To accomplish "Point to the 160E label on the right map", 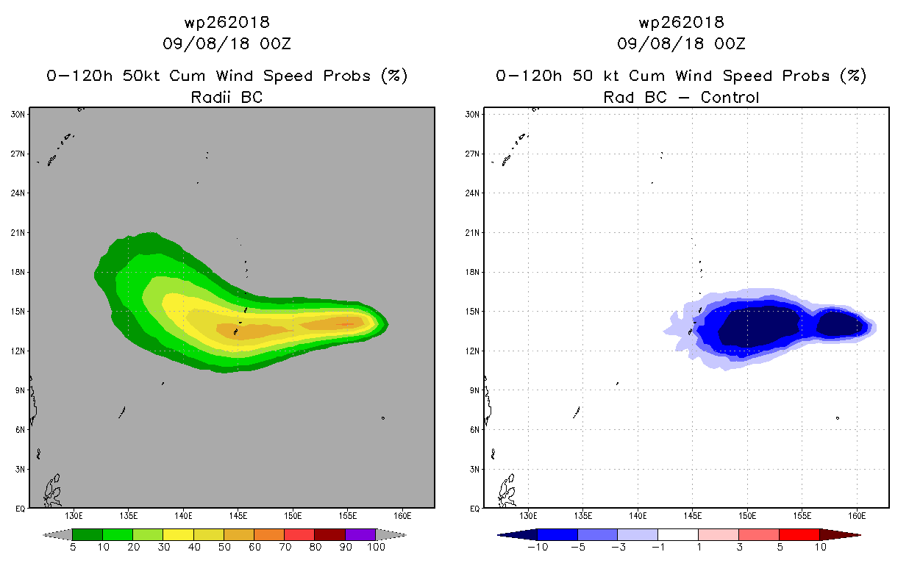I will (x=858, y=516).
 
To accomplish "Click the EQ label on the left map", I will (x=21, y=508).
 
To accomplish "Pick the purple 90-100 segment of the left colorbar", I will (x=360, y=534).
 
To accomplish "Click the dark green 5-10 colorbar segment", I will (x=88, y=534).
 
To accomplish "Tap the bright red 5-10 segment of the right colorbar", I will (x=799, y=534).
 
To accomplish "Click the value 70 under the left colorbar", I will (x=284, y=547).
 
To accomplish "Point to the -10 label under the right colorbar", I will (x=538, y=547).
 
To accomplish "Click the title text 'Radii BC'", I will (x=227, y=97).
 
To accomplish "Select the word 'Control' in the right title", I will (x=730, y=97).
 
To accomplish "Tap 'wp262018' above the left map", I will (x=227, y=23).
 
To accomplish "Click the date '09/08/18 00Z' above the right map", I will (x=682, y=44).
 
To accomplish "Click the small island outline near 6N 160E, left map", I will (x=383, y=418).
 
